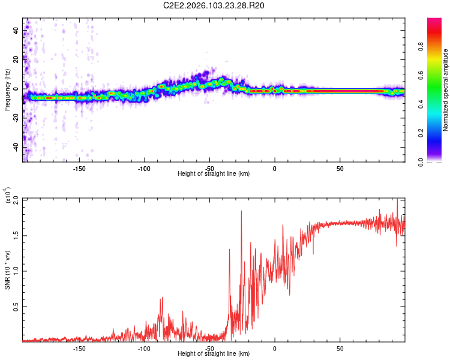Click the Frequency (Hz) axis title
[7, 90]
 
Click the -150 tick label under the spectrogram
[79, 169]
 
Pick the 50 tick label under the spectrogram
[340, 169]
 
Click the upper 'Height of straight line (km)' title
[214, 174]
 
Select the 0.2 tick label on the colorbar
[439, 133]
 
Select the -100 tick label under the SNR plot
[144, 348]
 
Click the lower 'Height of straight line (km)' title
[214, 353]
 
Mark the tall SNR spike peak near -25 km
[241, 211]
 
